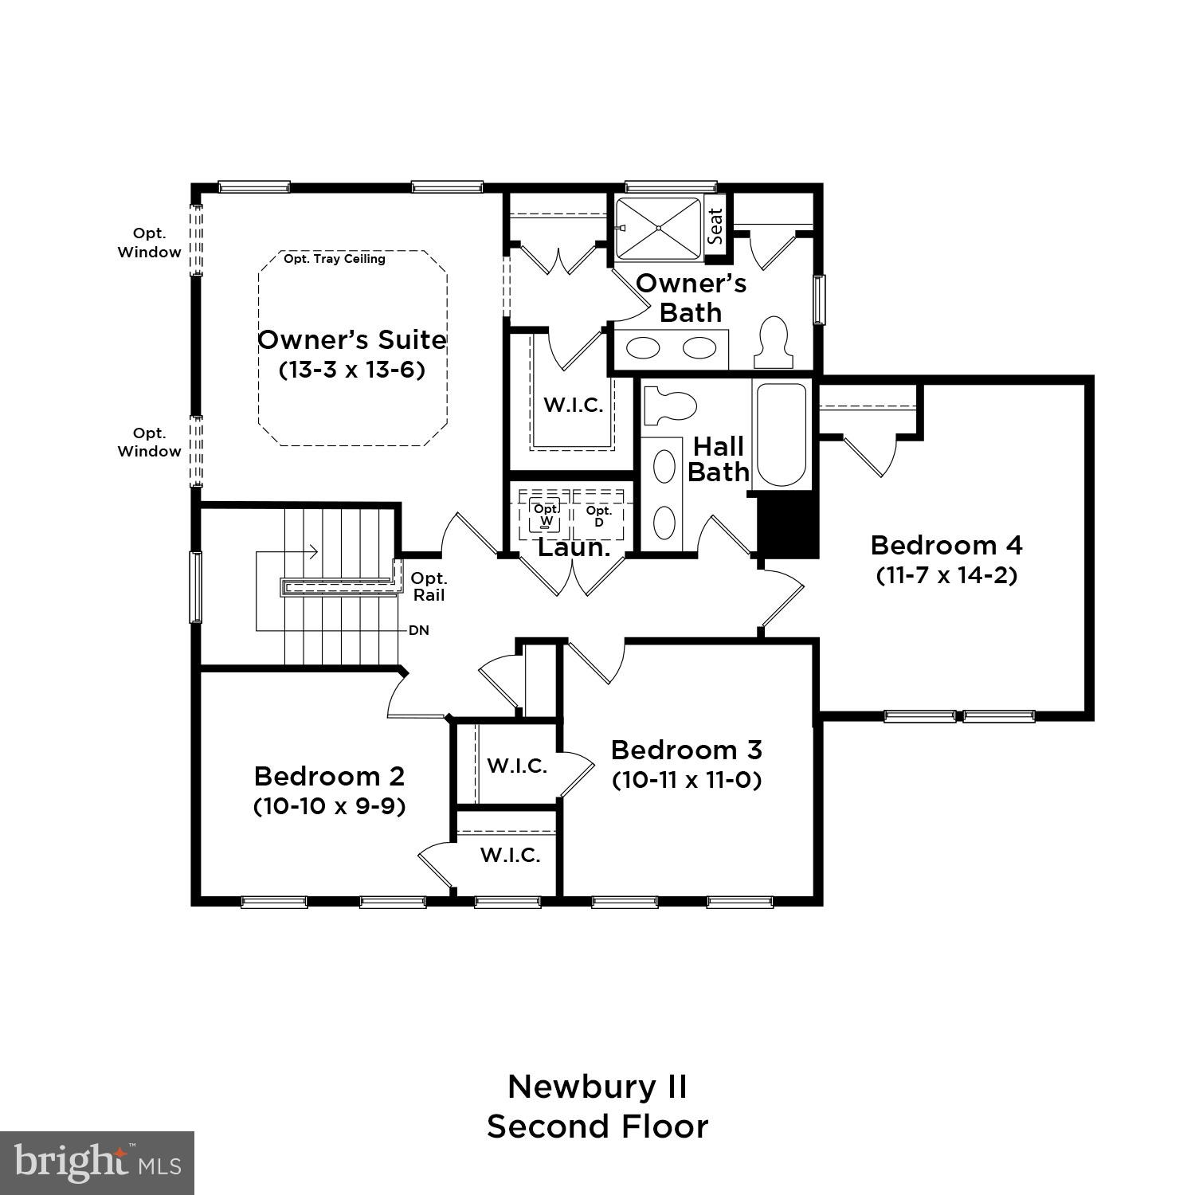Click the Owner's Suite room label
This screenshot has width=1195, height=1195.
351,340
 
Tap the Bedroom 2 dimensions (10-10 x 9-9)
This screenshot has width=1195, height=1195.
329,806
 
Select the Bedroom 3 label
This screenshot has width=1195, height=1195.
686,750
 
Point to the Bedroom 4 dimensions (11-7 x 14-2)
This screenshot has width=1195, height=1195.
946,575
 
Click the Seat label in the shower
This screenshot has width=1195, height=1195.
715,226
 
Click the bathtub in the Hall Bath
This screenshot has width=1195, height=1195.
782,434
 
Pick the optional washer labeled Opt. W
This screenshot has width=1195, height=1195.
546,515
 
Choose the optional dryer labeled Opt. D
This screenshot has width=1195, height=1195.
599,515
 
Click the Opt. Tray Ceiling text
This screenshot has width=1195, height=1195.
335,259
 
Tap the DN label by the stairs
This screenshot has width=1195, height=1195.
419,630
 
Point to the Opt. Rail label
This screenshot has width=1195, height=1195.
429,586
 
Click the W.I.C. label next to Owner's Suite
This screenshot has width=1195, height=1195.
573,405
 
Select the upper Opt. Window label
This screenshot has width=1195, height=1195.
150,242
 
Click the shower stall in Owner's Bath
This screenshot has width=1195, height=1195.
658,228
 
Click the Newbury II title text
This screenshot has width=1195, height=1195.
597,1087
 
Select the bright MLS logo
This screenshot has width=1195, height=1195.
97,1162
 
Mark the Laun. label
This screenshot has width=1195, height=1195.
574,547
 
